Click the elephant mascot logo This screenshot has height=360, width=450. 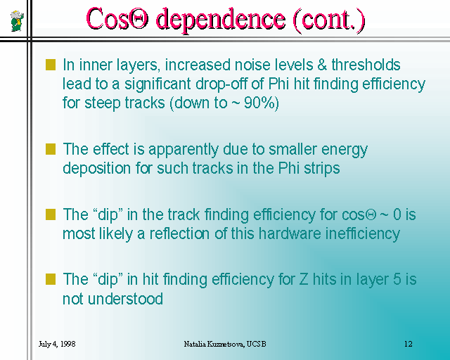tap(17, 20)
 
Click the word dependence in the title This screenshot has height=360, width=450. tap(220, 20)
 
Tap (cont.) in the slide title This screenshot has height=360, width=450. tap(329, 20)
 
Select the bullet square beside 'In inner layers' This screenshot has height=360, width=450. tap(51, 65)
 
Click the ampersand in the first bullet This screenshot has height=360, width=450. tap(322, 65)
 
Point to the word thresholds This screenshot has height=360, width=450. tap(366, 65)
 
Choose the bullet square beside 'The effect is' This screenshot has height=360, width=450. tap(51, 149)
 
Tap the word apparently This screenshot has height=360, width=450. tap(184, 150)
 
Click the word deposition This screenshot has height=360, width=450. tap(97, 169)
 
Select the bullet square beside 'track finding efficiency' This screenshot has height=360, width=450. tap(51, 214)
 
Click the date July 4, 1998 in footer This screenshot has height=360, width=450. tap(57, 344)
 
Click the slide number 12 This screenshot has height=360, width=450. tap(408, 344)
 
